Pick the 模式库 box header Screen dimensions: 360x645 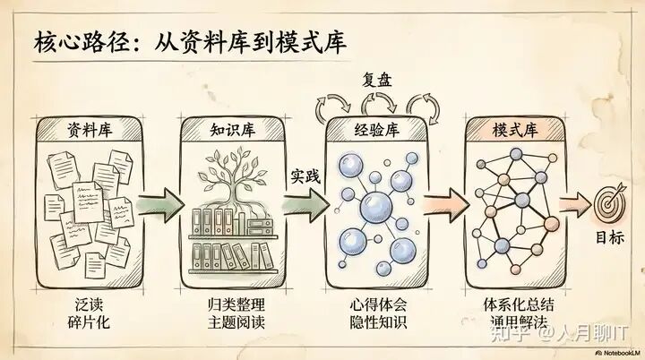coord(515,128)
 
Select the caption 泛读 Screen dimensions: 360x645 coord(90,304)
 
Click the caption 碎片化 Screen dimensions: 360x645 coord(90,321)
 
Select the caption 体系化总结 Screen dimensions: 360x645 coord(515,304)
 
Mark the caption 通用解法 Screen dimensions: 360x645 coord(515,321)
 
